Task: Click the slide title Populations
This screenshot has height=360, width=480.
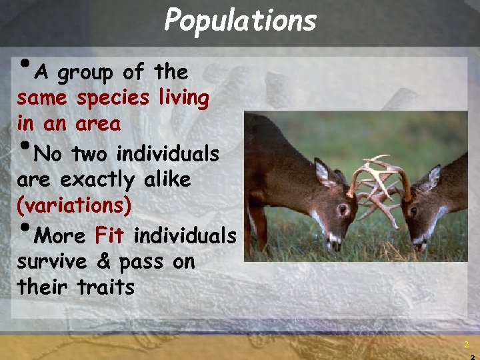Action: pyautogui.click(x=240, y=20)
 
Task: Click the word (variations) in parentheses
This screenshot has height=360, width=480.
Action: pyautogui.click(x=75, y=205)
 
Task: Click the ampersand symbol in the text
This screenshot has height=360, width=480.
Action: pyautogui.click(x=103, y=262)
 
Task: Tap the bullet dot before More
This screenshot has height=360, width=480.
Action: pyautogui.click(x=24, y=229)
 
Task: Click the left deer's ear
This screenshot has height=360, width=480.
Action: pyautogui.click(x=324, y=173)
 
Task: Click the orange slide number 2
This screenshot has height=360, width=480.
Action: pyautogui.click(x=467, y=344)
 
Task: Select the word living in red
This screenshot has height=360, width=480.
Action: pyautogui.click(x=183, y=98)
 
